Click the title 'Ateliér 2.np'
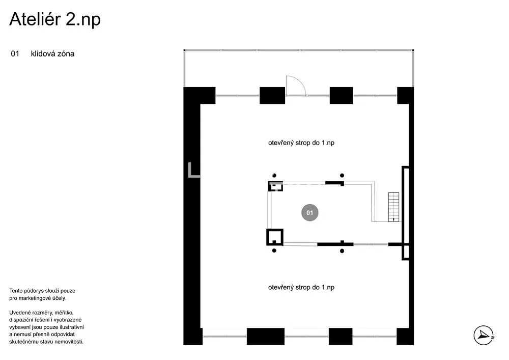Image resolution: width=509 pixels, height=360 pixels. pos(55,19)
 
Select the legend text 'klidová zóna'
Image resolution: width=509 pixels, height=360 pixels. pos(52,54)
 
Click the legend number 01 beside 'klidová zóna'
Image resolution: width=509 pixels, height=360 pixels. pos(15,54)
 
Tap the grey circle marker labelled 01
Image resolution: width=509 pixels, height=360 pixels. pos(309,213)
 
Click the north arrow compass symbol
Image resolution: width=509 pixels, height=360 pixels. pos(484,336)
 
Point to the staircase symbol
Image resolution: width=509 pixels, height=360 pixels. pos(393,207)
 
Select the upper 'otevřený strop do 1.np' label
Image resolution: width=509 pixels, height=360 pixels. pos(301,143)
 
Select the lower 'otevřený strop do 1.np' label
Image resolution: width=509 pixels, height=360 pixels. pos(301,287)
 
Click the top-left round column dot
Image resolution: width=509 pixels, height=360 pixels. pos(274,176)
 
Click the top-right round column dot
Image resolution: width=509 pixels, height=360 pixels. pos(342,176)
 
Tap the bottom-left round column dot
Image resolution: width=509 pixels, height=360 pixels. pos(274,251)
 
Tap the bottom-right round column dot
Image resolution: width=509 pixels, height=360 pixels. pos(342,251)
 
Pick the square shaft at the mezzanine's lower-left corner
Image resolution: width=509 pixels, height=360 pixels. pos(275,237)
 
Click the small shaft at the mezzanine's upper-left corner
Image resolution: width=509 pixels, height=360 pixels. pos(275,186)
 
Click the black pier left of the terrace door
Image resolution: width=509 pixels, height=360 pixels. pos(272,95)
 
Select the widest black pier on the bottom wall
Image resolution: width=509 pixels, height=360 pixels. pos(266,336)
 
